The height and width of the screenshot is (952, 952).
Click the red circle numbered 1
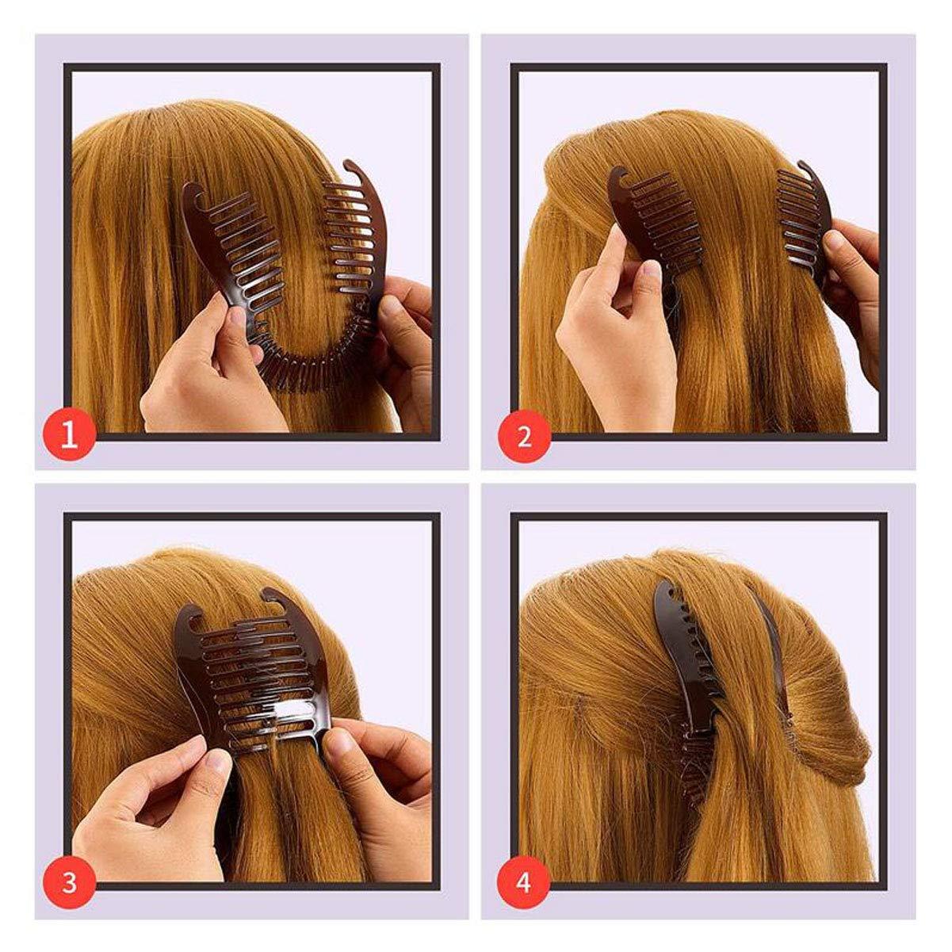point(70,435)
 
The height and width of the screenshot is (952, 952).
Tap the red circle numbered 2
point(524,435)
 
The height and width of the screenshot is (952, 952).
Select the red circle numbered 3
point(70,882)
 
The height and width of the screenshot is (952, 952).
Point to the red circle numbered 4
point(524,882)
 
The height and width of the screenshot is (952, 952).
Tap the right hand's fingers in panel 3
point(373,761)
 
